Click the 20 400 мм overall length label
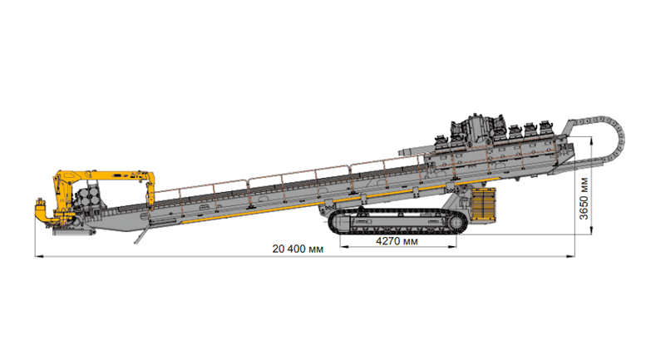298,249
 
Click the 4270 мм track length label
397,241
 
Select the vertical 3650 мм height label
584,199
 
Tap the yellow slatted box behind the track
483,204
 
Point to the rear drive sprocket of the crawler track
456,224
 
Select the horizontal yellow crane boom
108,175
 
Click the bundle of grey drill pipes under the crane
89,197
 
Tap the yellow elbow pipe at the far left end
42,215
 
